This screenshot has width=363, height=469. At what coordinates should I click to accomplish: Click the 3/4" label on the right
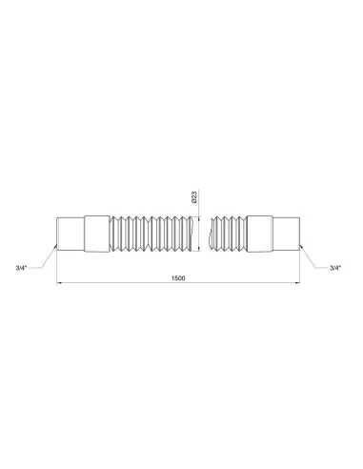point(334,268)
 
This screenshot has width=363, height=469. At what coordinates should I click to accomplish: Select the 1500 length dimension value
point(178,277)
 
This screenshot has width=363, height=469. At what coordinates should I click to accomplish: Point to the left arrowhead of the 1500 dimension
point(60,283)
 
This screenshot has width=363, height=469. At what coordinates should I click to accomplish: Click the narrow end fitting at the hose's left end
point(71,232)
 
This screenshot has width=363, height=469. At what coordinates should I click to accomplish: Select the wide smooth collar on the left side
point(97,232)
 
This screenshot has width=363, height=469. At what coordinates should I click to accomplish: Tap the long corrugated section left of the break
point(152,232)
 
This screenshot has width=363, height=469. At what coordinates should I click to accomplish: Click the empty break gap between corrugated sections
point(207,232)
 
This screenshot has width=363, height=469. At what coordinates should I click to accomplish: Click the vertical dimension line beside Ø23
point(200,232)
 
